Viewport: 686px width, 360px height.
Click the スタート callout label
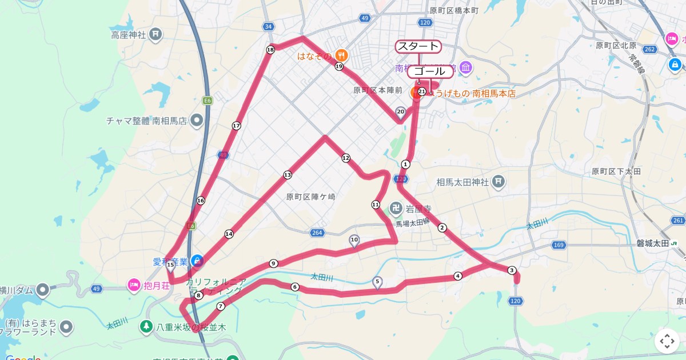(418, 46)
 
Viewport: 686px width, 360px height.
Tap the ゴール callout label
(430, 71)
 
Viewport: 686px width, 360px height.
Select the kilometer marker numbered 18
(270, 50)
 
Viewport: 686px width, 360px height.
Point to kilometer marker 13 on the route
(287, 175)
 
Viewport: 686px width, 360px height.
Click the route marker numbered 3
(512, 270)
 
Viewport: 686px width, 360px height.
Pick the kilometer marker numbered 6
(295, 287)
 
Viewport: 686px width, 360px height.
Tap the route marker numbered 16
(200, 201)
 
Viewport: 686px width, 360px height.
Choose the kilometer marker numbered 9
(273, 263)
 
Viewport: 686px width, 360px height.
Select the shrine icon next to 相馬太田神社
(498, 182)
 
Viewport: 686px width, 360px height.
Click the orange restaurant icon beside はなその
(341, 55)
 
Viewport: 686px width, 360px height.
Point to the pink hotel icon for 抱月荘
(133, 284)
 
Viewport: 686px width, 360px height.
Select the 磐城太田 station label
(653, 243)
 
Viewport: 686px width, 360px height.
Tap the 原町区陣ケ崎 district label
(311, 197)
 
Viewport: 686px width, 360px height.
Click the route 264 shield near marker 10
(317, 233)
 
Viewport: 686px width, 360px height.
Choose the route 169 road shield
(559, 245)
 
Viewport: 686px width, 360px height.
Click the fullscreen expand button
(667, 341)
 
